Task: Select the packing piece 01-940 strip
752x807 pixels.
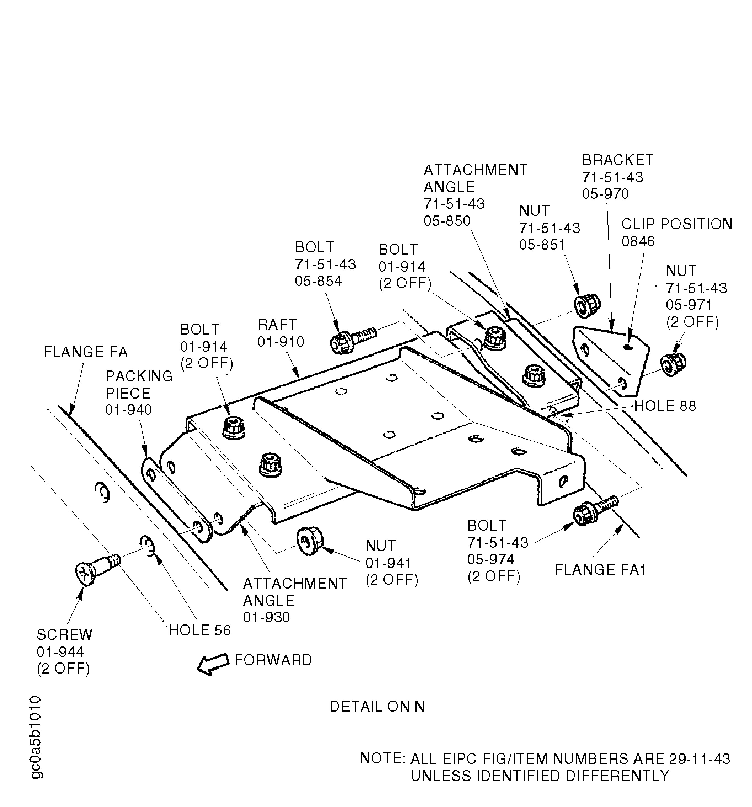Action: click(175, 500)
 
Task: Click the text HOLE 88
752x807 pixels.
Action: click(665, 406)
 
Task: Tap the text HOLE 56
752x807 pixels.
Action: click(199, 630)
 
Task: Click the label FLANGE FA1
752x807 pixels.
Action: click(600, 570)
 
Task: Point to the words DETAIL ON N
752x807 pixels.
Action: click(377, 707)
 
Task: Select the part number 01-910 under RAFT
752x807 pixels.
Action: click(281, 342)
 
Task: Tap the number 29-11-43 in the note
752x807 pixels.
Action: click(698, 759)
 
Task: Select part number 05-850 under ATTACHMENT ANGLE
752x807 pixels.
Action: click(447, 221)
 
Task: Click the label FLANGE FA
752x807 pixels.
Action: click(86, 352)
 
